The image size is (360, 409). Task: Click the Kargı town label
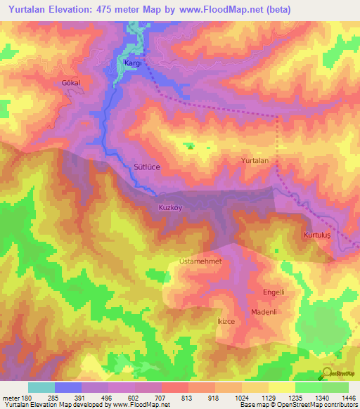coord(133,63)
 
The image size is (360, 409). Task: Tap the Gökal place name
coord(72,82)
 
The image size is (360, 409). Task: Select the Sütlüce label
coord(148,167)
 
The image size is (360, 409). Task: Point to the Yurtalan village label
coord(255,161)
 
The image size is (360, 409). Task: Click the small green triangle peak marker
coord(189,146)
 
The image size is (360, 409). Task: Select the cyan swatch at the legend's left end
coord(41,387)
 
